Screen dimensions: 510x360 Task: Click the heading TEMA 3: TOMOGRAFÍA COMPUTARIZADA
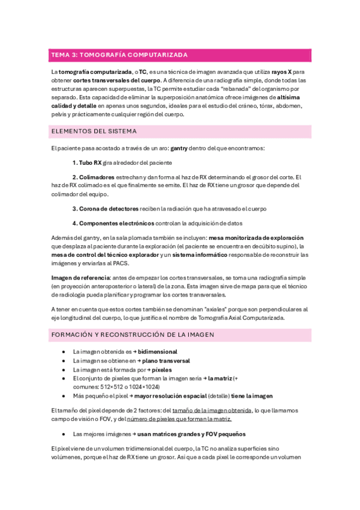click(119, 55)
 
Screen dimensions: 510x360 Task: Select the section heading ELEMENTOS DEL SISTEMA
click(94, 131)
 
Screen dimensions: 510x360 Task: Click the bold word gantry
click(179, 147)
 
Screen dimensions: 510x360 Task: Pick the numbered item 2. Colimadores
click(93, 177)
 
